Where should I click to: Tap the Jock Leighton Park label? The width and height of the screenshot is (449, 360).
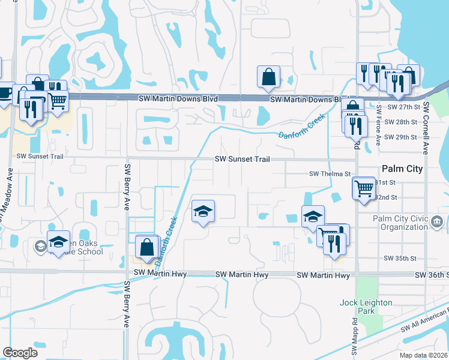tap(366, 306)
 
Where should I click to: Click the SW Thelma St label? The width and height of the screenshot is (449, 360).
tap(330, 173)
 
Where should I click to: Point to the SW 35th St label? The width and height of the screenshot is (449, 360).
tap(400, 258)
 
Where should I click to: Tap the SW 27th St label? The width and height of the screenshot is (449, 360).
tap(402, 107)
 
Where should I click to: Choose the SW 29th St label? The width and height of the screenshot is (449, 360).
tap(402, 137)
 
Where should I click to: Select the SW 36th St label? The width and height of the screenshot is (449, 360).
tap(431, 275)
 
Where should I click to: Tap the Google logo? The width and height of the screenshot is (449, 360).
tap(20, 353)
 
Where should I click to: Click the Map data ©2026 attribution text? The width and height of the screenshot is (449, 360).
tap(423, 355)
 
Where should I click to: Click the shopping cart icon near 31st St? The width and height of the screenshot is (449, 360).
tap(364, 189)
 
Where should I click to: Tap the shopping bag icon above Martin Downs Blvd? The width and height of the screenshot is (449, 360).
tap(268, 77)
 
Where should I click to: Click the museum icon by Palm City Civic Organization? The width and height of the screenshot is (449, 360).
tap(436, 223)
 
